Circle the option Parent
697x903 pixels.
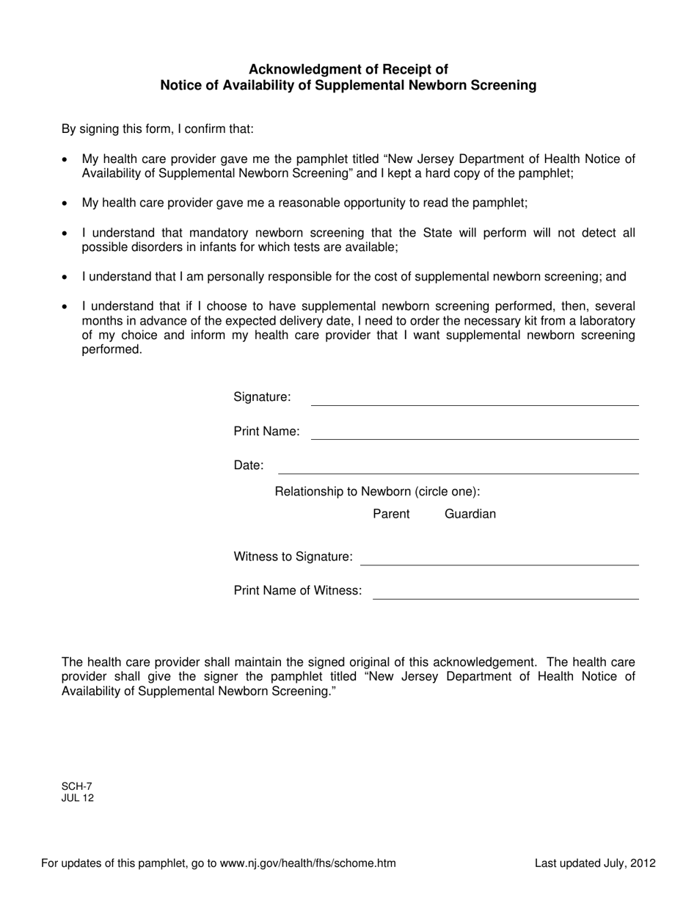pos(391,514)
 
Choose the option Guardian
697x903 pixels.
pos(470,514)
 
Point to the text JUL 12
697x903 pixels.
pos(78,798)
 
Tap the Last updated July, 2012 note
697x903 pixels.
pos(595,863)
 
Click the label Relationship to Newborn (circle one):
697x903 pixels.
pos(377,491)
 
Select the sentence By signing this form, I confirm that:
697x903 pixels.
pos(158,129)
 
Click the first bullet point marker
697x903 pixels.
pos(66,159)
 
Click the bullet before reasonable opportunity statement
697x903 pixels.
pos(66,203)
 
